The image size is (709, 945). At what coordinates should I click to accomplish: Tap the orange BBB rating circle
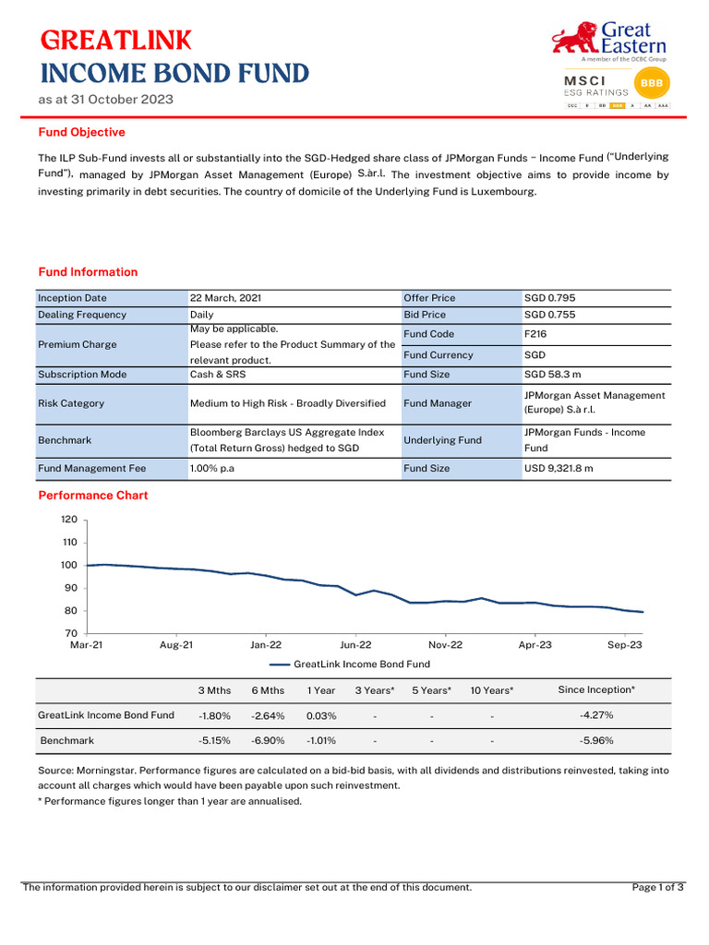[655, 84]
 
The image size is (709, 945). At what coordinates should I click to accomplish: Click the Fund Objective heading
[81, 132]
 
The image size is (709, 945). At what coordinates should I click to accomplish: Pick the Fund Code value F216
[535, 334]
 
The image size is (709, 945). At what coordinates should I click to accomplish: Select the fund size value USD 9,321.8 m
[558, 469]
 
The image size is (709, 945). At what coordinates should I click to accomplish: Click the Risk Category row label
[71, 403]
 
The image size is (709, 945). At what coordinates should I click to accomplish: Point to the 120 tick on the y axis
[69, 520]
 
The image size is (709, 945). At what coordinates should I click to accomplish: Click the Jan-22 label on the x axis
[266, 645]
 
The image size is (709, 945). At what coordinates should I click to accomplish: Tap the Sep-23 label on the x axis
[624, 645]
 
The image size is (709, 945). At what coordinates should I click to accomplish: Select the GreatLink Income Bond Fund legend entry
[351, 664]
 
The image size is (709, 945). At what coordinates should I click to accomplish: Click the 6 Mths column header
[268, 690]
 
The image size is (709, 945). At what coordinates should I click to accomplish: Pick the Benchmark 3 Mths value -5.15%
[214, 740]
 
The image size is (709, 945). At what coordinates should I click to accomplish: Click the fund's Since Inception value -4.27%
[595, 715]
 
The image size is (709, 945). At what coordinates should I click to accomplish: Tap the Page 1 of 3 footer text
[657, 888]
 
